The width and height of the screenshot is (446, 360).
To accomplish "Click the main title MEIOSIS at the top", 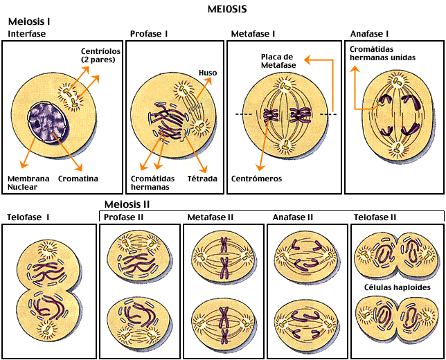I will point(227,9).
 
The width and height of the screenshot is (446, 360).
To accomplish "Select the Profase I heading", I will point(149,33).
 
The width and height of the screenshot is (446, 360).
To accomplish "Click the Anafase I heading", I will point(369,33).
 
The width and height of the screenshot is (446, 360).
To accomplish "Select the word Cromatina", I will point(77,179).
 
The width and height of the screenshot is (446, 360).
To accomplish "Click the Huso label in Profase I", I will point(208,72).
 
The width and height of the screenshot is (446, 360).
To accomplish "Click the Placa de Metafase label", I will point(278,60).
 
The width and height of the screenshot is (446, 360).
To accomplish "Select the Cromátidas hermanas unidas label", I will point(382,53).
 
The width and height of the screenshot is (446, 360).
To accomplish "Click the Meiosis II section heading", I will point(127,204).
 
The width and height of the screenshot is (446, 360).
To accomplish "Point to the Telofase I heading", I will point(28,217).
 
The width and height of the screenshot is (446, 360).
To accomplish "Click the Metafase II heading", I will point(210,217).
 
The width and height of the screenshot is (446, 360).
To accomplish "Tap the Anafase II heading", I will point(293,217).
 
